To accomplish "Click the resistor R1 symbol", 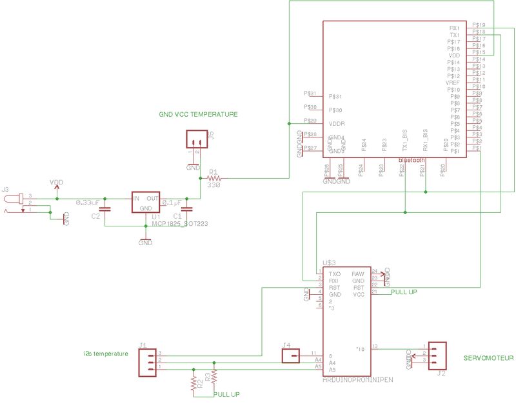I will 213,178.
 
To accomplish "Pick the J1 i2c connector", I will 148,363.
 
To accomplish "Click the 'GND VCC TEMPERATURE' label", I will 198,114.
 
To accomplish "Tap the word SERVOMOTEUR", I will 488,357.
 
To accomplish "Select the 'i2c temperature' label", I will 106,353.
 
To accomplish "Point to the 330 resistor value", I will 214,185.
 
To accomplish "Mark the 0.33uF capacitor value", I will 88,203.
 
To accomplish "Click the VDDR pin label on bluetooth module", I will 337,123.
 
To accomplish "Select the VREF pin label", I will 452,83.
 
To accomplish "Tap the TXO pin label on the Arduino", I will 335,274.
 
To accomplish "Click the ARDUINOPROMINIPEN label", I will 357,381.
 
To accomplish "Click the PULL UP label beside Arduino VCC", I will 404,292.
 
